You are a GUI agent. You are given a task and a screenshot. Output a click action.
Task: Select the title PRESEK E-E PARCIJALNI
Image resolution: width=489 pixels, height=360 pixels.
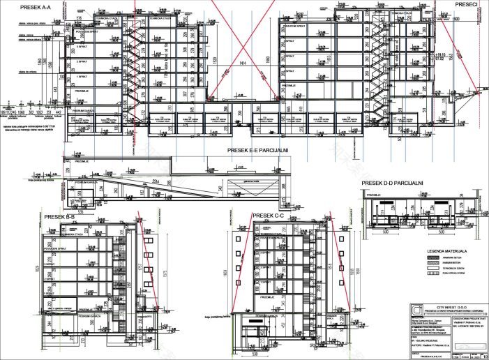[x=258, y=150]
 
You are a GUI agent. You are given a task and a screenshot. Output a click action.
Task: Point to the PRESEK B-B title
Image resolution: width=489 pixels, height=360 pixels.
[x=60, y=217]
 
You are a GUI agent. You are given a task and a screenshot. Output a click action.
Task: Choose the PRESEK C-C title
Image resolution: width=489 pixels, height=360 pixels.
[x=268, y=216]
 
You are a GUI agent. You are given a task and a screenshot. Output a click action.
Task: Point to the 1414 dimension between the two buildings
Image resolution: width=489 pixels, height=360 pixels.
[x=242, y=63]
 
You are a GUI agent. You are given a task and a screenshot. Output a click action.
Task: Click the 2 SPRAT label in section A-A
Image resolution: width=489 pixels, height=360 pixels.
[x=82, y=61]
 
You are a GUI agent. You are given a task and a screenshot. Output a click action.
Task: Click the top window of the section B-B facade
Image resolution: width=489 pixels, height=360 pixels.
[x=96, y=239]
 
